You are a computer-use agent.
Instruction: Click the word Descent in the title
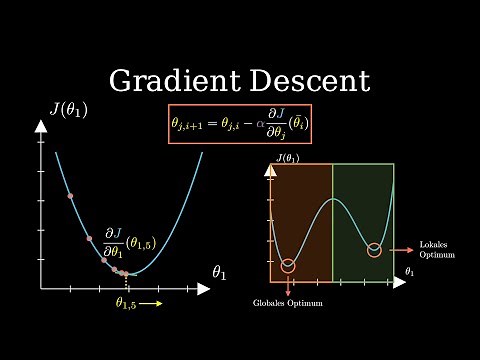point(306,81)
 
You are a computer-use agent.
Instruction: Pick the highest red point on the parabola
point(70,195)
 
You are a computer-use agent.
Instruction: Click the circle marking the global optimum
point(289,265)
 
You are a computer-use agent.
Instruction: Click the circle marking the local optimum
point(375,249)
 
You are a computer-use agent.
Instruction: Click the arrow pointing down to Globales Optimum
point(289,288)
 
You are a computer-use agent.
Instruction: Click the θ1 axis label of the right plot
point(410,271)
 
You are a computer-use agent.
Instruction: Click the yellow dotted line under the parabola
point(127,281)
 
